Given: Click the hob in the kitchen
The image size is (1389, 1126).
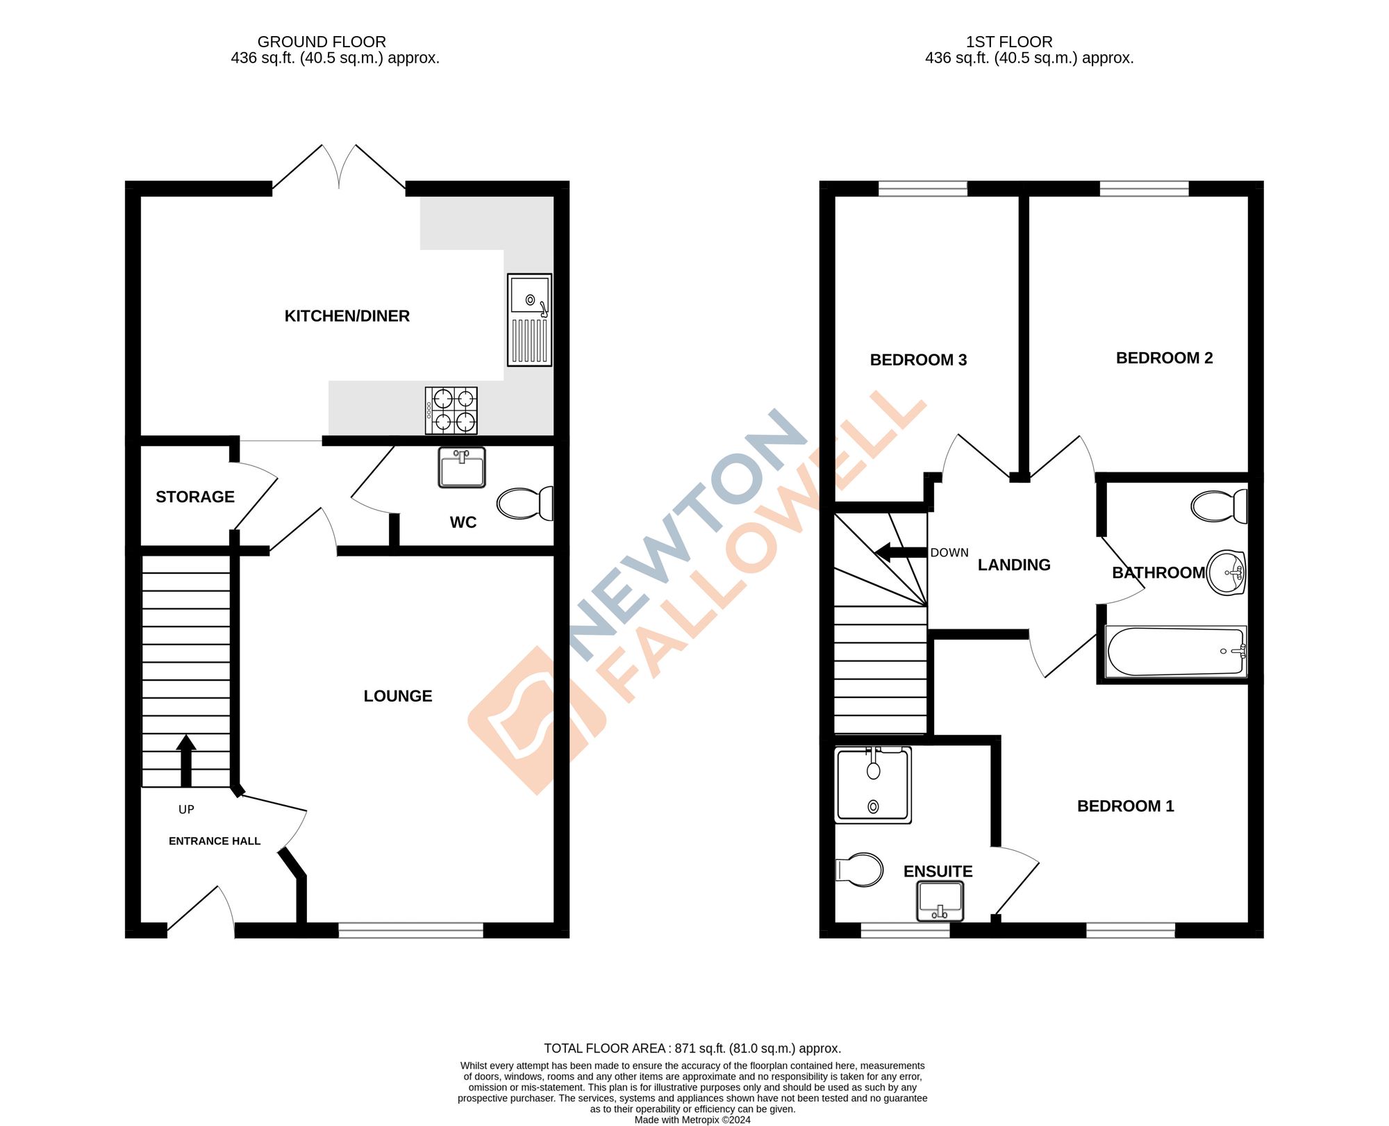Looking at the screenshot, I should (451, 411).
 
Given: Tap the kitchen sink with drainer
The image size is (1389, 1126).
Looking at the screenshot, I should (530, 320).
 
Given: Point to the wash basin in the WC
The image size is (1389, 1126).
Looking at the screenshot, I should (462, 467).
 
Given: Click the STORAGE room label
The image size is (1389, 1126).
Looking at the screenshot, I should (195, 497).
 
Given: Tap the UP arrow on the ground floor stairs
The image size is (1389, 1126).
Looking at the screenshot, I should (185, 760).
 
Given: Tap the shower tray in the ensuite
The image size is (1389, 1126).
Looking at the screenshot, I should (873, 785).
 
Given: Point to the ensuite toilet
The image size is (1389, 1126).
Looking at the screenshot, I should (860, 870).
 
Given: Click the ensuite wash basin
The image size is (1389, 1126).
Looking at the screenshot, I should (940, 901).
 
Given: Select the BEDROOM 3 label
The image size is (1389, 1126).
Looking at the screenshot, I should (918, 360).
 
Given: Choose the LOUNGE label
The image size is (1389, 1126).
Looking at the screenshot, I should (398, 696).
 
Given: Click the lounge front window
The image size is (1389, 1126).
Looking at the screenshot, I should (410, 931).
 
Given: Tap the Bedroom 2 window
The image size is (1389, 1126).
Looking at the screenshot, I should (1144, 188).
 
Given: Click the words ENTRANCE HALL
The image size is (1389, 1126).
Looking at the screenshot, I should (215, 841).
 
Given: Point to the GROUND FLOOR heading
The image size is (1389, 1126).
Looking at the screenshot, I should (322, 42).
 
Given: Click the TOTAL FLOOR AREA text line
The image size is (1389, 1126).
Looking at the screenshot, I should (692, 1048).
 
